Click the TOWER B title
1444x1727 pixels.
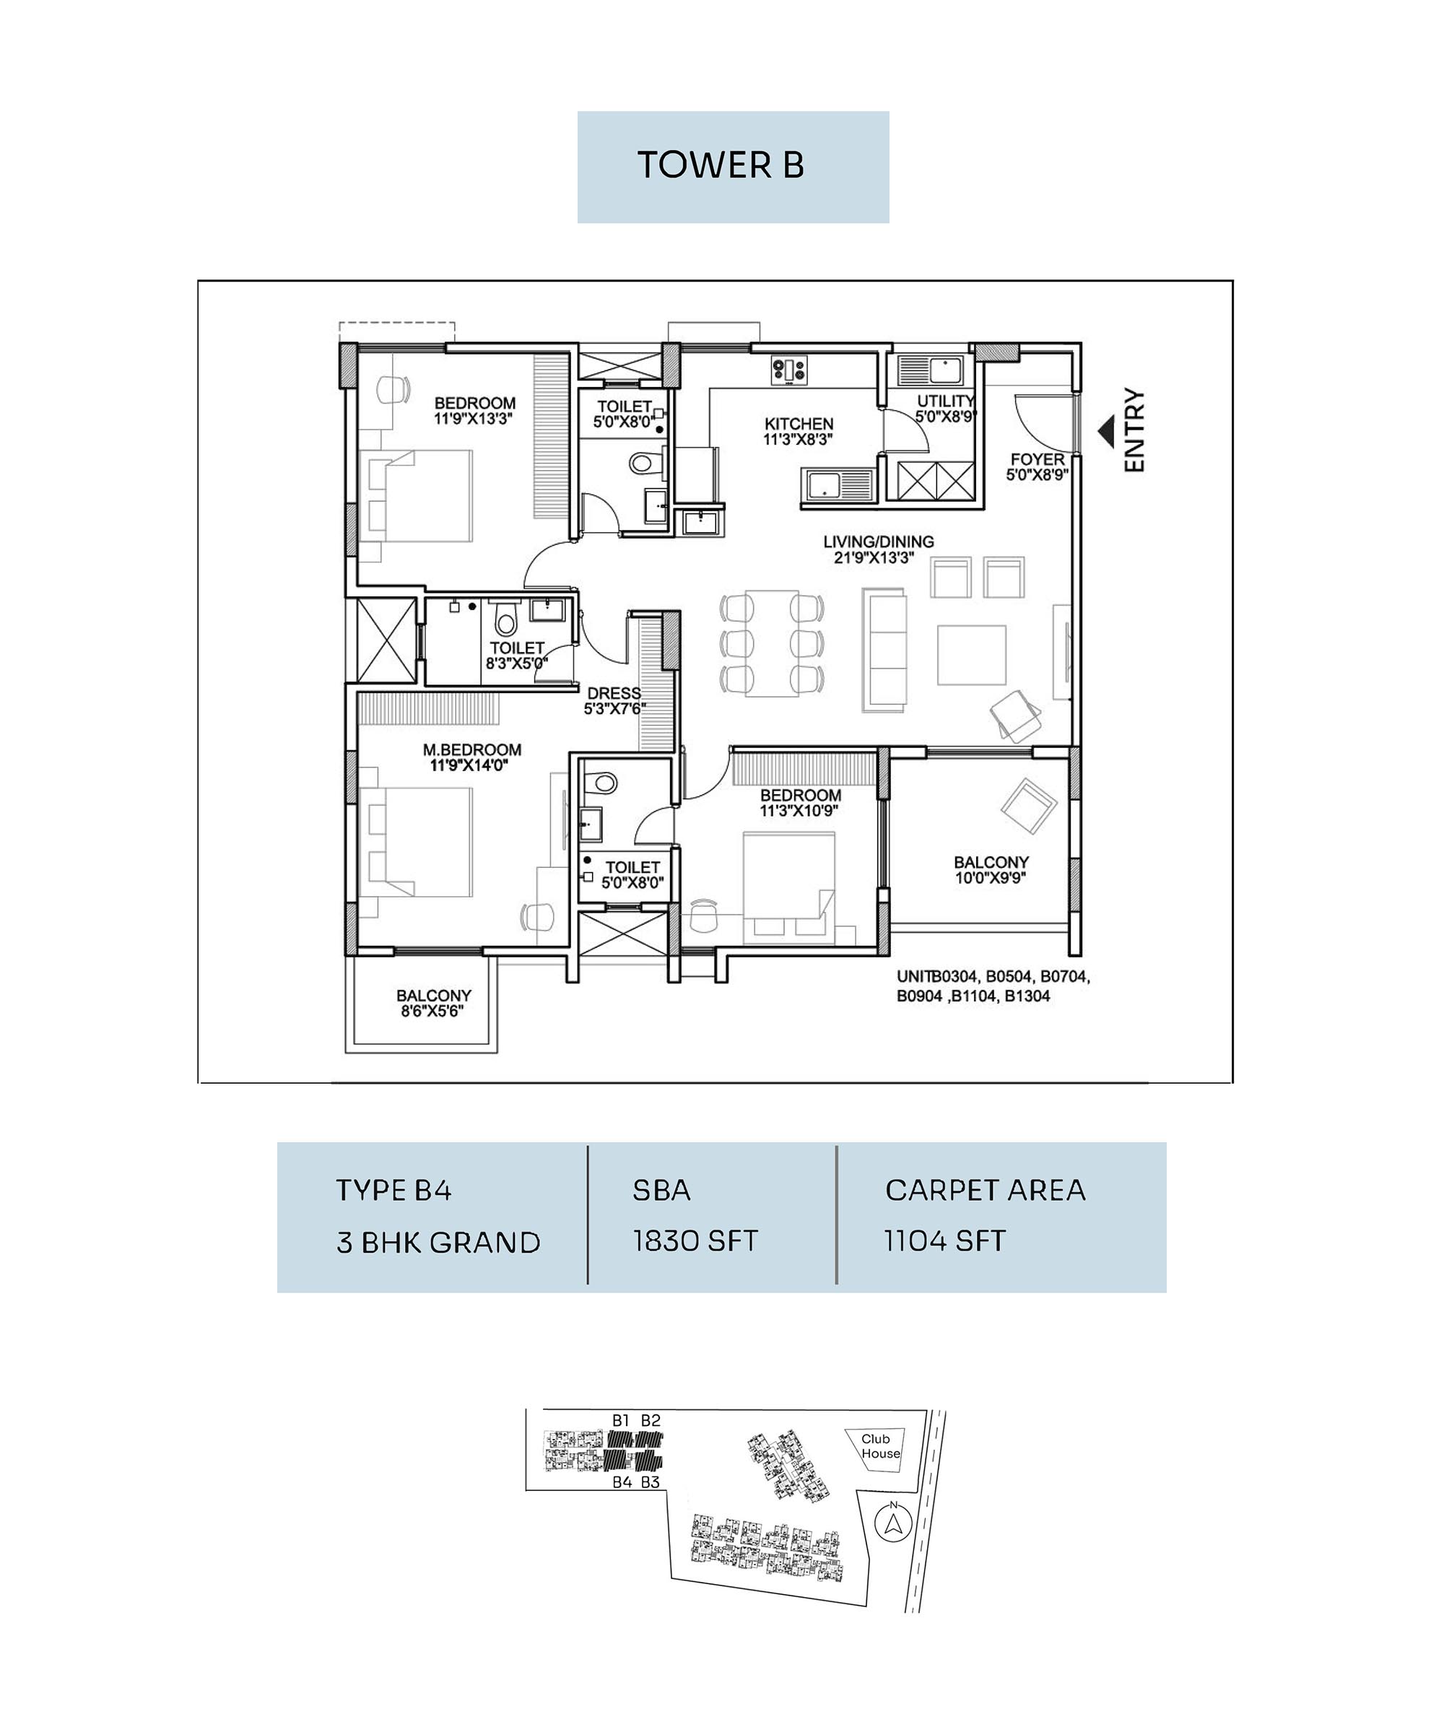(721, 165)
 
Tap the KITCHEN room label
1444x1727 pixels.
(799, 425)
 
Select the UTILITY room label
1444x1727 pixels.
(947, 401)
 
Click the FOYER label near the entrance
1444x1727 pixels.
(1037, 459)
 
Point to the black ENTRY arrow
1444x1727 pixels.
(1106, 431)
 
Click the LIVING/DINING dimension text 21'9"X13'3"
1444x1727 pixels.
(874, 557)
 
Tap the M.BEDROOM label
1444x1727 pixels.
(472, 750)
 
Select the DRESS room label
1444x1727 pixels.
(614, 693)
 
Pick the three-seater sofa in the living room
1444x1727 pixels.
(884, 650)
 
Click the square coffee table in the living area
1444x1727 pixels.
(971, 655)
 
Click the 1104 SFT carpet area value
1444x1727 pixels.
(945, 1241)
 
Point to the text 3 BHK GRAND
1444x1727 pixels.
(438, 1242)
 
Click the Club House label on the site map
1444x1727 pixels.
(881, 1445)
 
